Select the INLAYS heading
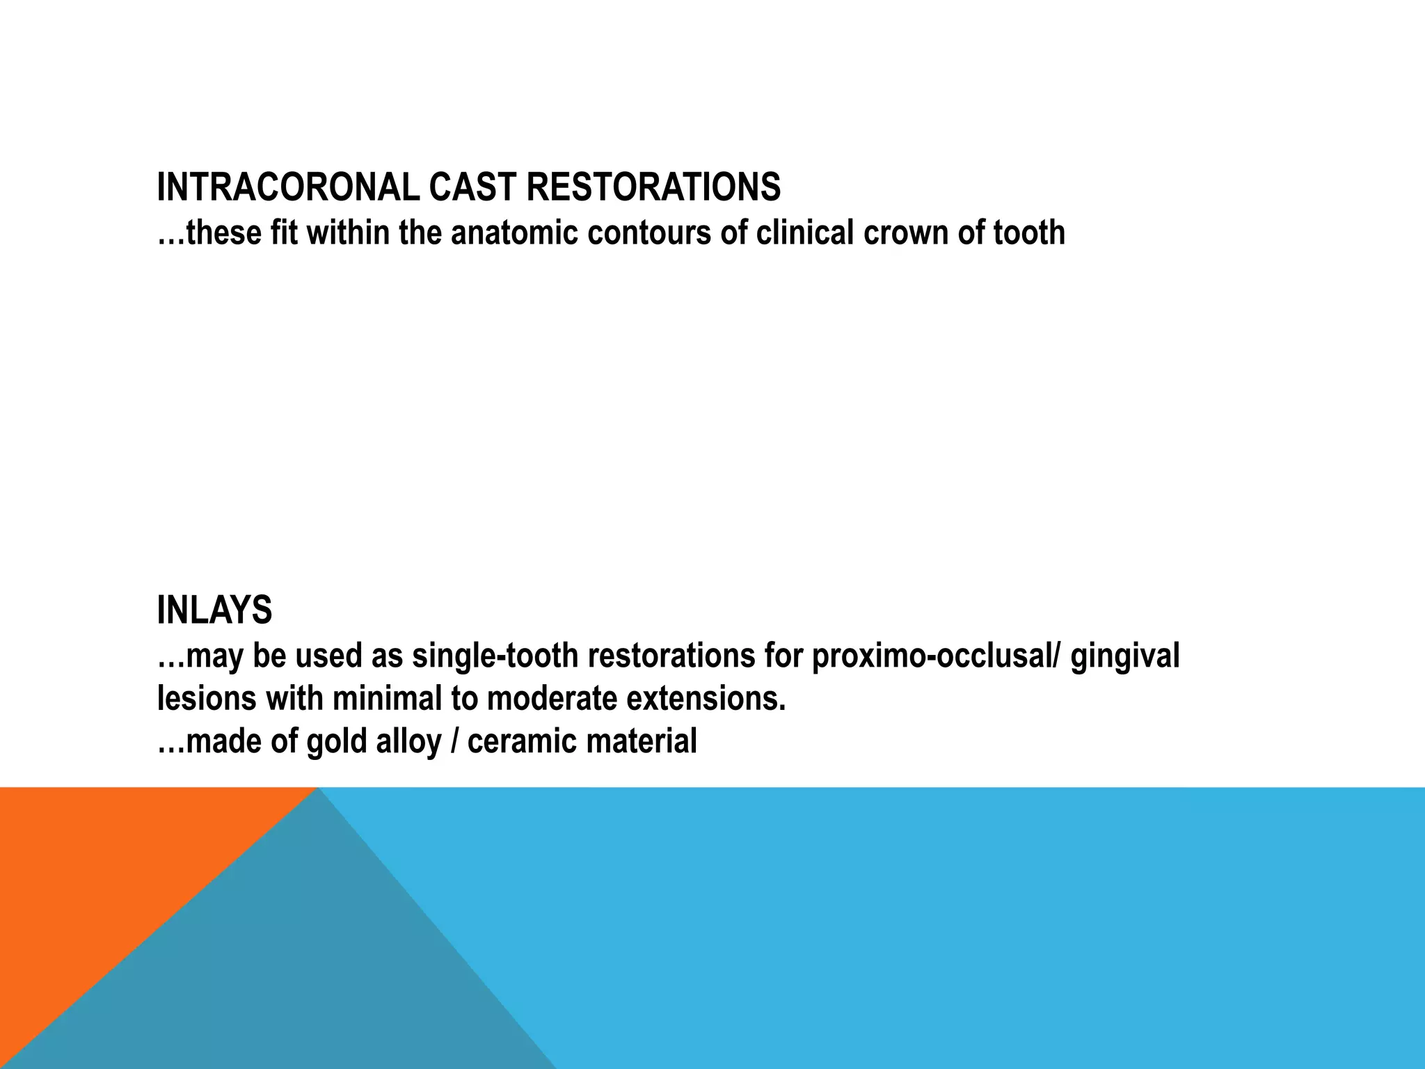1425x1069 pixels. pos(214,610)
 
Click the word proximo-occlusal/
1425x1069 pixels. pos(937,656)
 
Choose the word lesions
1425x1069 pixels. pos(207,698)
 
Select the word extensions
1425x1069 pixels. pos(706,698)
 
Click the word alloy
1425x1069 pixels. pos(408,741)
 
